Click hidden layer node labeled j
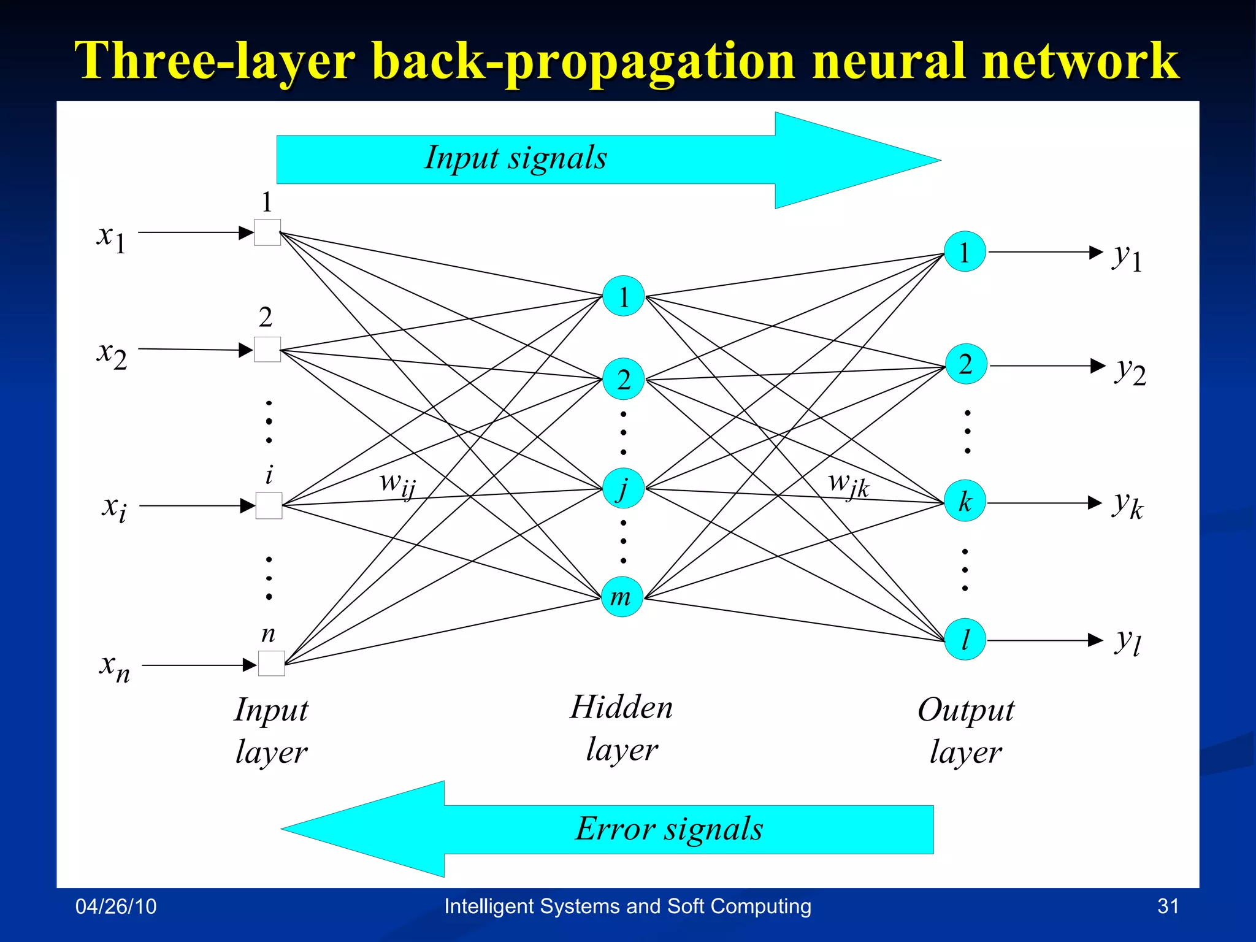(623, 489)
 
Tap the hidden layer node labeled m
(622, 597)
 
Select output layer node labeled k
(965, 502)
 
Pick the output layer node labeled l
(965, 640)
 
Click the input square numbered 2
(267, 350)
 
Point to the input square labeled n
(271, 664)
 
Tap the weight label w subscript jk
(848, 484)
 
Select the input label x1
(112, 237)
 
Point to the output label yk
(1127, 505)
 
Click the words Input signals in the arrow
(516, 158)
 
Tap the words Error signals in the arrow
(669, 829)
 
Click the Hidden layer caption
(622, 728)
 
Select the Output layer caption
(966, 730)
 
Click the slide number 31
(1168, 906)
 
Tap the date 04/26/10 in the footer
(116, 906)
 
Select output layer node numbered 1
(965, 251)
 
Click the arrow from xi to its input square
(196, 506)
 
